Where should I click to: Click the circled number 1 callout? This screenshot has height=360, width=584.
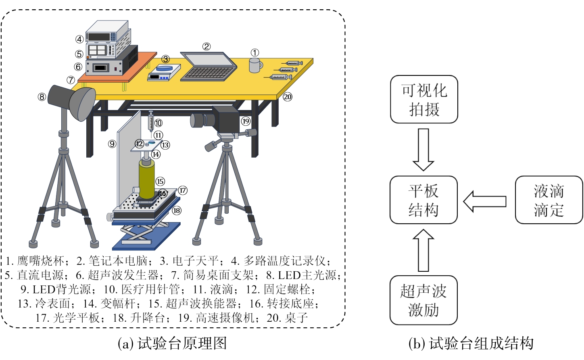click(255, 53)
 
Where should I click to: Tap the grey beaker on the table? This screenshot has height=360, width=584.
click(256, 65)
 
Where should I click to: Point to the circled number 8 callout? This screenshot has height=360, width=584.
click(42, 97)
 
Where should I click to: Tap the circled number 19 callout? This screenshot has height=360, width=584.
click(246, 121)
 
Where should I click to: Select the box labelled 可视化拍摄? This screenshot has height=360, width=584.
click(424, 99)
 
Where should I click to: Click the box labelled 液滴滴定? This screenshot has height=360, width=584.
click(549, 200)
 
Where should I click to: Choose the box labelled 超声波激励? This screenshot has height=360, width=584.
click(423, 300)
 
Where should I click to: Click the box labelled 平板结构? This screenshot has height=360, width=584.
click(423, 200)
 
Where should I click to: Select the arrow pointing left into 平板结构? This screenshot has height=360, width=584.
click(485, 202)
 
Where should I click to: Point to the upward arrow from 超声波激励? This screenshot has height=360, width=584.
click(423, 250)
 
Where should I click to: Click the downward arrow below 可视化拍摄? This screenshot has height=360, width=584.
click(423, 150)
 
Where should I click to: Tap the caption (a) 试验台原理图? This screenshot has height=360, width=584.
click(172, 343)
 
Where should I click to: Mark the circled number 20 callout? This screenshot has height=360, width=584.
click(287, 97)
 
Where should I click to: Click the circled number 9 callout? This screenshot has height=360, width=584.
click(112, 144)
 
